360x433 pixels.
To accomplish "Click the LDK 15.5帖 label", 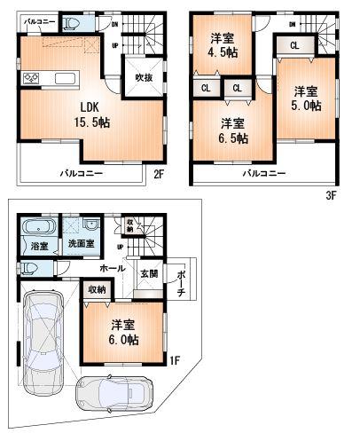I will tap(59, 113).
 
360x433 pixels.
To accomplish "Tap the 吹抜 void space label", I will tap(144, 78).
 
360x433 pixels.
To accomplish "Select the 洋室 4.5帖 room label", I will tap(223, 44).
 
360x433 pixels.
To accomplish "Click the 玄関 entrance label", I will tap(148, 274).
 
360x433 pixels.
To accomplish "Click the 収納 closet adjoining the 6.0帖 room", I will tap(97, 289).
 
